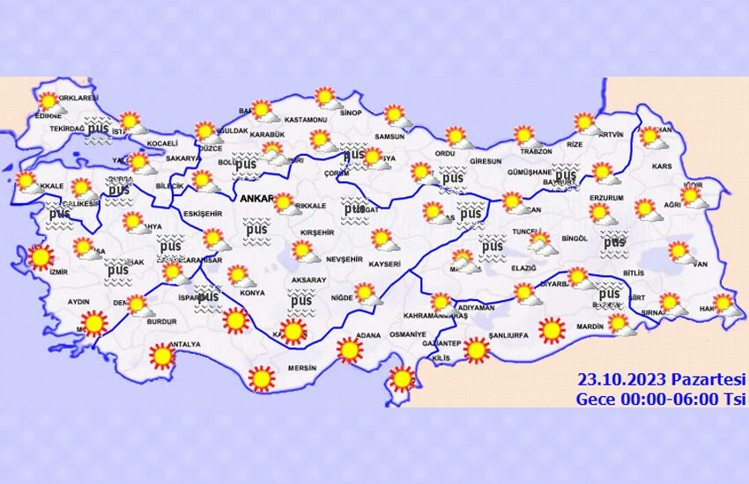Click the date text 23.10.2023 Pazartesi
pyautogui.click(x=661, y=379)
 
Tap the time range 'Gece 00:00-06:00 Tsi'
pyautogui.click(x=661, y=398)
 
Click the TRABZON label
pyautogui.click(x=534, y=150)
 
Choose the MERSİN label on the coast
pyautogui.click(x=300, y=368)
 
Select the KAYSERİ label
pyautogui.click(x=384, y=264)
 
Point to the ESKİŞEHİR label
pyautogui.click(x=202, y=214)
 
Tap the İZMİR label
pyautogui.click(x=34, y=274)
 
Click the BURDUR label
pyautogui.click(x=161, y=323)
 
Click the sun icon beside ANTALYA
pyautogui.click(x=162, y=356)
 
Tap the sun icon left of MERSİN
pyautogui.click(x=261, y=378)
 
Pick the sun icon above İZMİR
pyautogui.click(x=40, y=258)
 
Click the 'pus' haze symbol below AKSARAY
pyautogui.click(x=301, y=302)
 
